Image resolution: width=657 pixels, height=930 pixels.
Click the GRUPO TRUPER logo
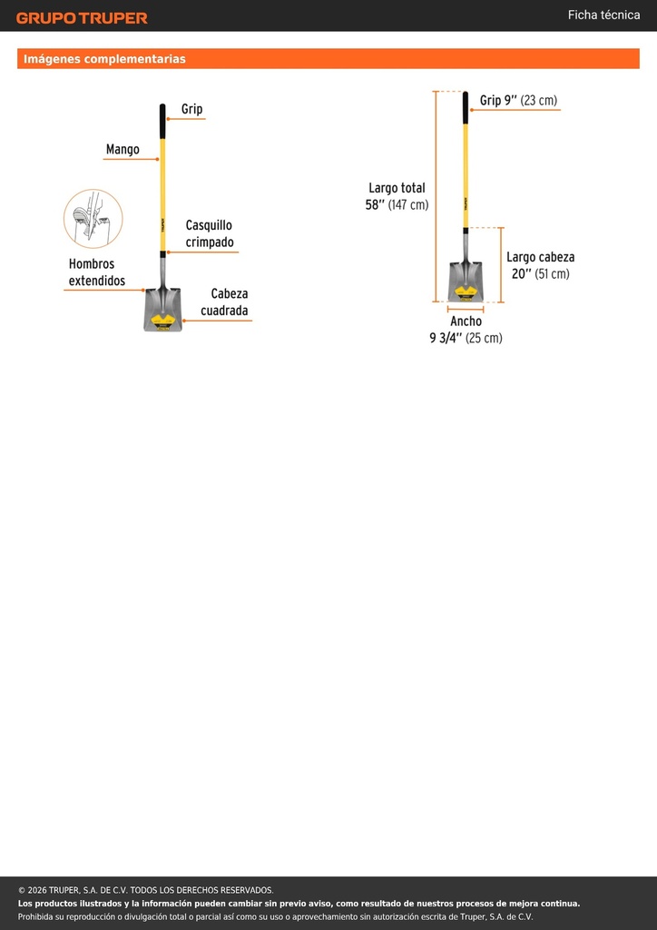pos(82,18)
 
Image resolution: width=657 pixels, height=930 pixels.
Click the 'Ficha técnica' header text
pos(603,15)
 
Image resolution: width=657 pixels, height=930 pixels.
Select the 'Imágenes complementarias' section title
pos(104,59)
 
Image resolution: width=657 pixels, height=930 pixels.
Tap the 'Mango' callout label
pos(123,150)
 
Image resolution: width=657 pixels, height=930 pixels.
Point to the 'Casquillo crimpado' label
pos(209,233)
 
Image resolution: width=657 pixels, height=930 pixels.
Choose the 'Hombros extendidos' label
pos(97,272)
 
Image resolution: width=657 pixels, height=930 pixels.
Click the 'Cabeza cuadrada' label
pos(224,302)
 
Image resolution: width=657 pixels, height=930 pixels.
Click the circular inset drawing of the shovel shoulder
pos(93,218)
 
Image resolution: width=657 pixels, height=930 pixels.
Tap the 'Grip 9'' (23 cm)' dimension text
pos(518,100)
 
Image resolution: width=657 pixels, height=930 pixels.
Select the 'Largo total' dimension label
pos(397,188)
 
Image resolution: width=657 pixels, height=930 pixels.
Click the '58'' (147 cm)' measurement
pos(397,205)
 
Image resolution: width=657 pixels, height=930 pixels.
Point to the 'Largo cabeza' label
pos(540,257)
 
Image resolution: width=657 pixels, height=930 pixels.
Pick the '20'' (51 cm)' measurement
pos(540,274)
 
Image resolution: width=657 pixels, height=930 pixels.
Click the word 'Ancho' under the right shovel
pos(466,321)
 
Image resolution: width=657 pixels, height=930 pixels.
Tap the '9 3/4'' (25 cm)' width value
pos(466,338)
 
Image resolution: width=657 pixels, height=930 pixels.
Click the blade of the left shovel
pos(163,310)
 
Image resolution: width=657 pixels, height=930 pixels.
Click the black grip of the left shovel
pos(162,122)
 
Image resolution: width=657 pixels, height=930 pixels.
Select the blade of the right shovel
pos(466,282)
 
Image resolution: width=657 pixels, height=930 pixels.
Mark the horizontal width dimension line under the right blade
pos(466,309)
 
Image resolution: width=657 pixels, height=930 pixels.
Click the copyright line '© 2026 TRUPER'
pos(146,890)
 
